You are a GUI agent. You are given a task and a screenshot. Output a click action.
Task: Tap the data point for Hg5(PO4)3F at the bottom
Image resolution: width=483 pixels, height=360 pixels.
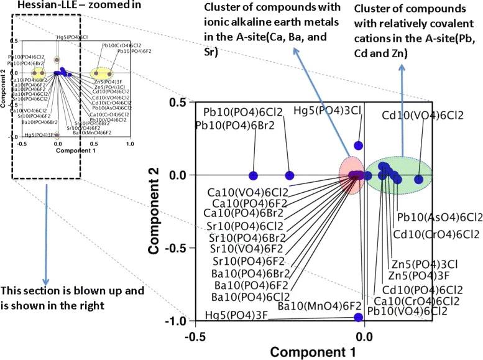tap(359, 317)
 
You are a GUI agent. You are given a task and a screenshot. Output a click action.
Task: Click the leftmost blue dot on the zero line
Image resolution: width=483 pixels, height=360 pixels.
tap(253, 175)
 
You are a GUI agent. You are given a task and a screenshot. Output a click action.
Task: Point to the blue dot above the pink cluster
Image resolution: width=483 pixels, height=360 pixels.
tap(358, 145)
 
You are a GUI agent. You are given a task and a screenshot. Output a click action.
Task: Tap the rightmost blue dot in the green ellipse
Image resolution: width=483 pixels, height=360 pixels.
tap(418, 179)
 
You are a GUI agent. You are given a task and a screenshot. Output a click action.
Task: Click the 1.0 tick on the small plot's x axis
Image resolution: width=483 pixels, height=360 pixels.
tap(130, 144)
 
